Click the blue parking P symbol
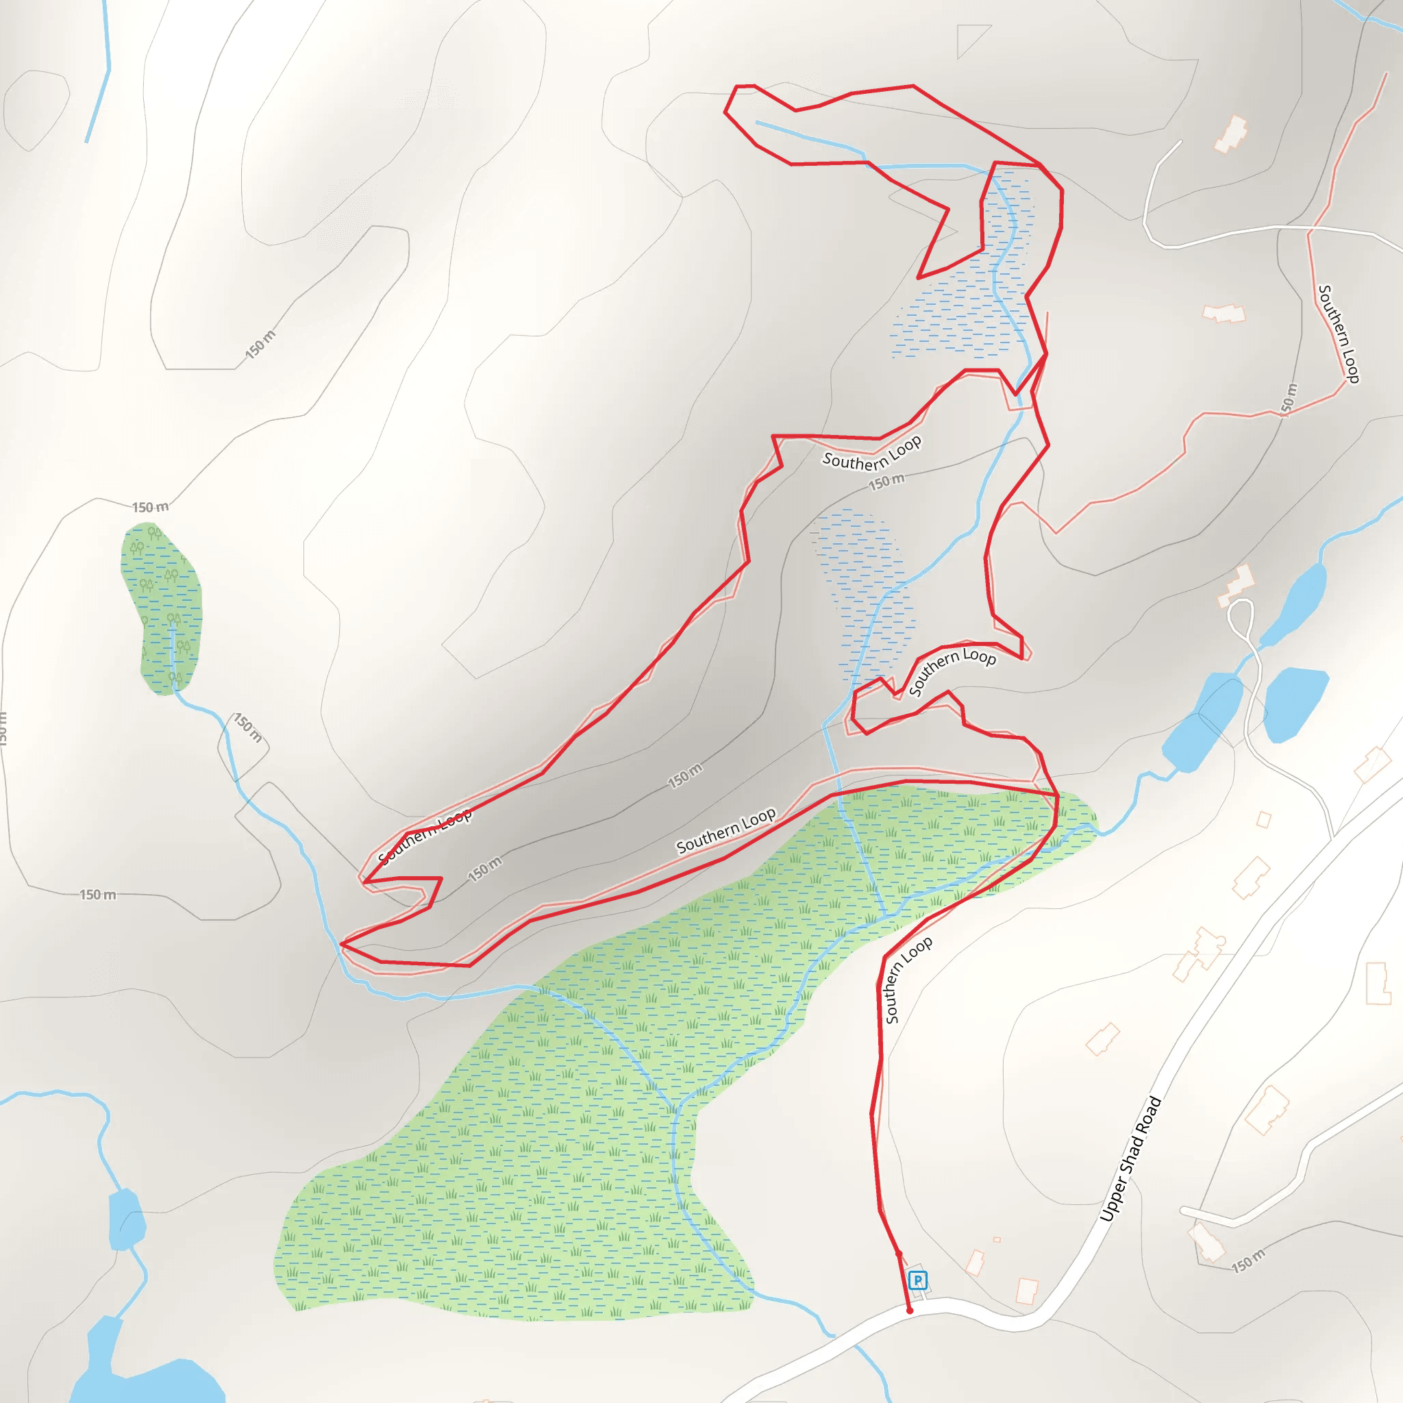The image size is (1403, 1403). [918, 1280]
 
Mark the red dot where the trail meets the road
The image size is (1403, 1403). [910, 1311]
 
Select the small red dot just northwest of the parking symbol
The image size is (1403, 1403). [898, 1254]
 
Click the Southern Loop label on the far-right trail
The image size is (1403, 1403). [1338, 334]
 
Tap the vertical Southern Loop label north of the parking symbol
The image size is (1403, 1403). [907, 980]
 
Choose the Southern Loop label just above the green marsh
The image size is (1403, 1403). [725, 830]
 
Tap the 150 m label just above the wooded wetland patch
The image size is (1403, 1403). [150, 507]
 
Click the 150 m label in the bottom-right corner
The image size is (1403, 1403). [1248, 1261]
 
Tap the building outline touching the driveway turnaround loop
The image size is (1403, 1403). [1237, 584]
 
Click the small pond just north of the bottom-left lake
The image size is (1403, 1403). [126, 1220]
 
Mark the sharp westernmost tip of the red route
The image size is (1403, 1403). [340, 944]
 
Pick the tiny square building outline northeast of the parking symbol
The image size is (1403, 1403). [997, 1239]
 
